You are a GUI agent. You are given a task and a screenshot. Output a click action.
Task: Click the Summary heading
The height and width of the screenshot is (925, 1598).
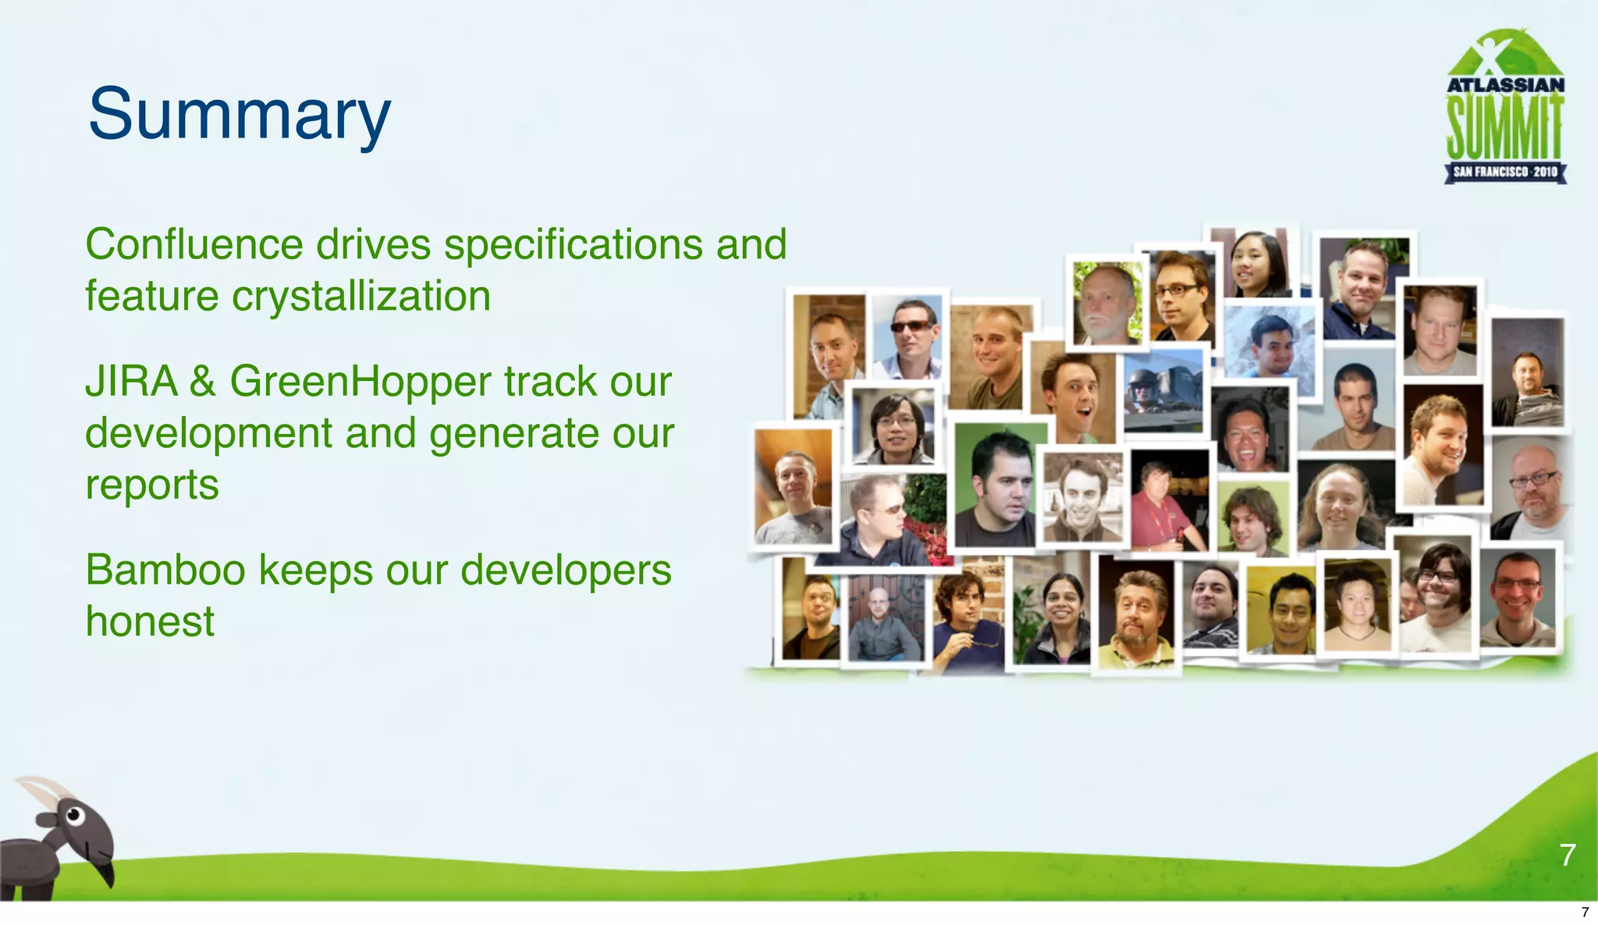239,114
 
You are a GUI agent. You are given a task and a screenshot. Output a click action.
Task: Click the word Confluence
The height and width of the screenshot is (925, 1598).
194,244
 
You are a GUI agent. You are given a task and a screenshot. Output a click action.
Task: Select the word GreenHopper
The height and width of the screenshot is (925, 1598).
360,382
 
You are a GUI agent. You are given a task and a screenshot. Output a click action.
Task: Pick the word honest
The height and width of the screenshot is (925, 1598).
150,621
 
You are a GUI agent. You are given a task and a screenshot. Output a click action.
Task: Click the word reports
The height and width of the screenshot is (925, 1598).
152,485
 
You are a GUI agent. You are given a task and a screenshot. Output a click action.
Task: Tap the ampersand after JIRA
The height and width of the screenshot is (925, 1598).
203,382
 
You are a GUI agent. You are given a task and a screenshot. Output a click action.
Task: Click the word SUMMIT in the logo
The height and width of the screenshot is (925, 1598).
1504,128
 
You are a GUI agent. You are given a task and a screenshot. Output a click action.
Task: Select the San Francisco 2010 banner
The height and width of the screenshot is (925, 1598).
1504,172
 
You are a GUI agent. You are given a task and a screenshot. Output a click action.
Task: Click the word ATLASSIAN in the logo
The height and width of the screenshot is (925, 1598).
1505,84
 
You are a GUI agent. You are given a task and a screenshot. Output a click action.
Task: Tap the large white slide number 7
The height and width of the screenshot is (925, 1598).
1568,855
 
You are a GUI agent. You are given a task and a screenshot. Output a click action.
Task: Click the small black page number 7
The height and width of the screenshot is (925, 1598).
1585,912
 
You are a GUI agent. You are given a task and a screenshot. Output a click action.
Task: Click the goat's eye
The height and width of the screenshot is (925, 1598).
74,816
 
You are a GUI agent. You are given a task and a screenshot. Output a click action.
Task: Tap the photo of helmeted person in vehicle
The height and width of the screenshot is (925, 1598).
1163,390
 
